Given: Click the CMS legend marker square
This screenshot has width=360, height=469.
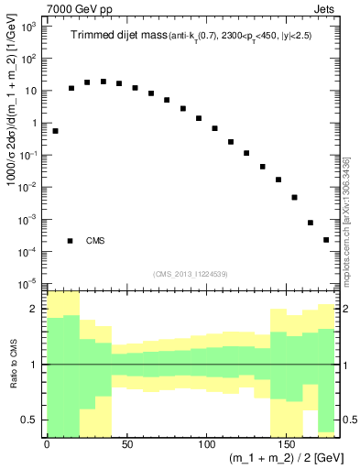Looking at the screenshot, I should [x=70, y=241].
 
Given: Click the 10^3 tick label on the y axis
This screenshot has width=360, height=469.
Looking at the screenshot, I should [x=29, y=27].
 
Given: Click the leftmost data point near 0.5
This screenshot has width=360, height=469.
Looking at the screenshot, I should [x=56, y=131].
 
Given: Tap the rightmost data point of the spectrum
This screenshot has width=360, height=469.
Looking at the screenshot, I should [x=326, y=240].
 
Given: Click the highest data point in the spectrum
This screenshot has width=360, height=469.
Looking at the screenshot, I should [x=104, y=82].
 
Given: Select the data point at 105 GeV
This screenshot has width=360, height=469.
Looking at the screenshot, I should [x=215, y=128].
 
